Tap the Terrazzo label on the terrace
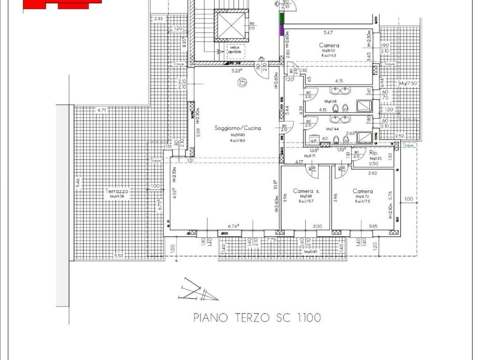pyautogui.click(x=117, y=191)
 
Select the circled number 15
pyautogui.click(x=242, y=83)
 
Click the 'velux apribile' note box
pyautogui.click(x=237, y=49)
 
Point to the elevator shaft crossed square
pyautogui.click(x=229, y=25)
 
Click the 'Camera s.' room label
pyautogui.click(x=306, y=191)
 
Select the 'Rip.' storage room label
pyautogui.click(x=374, y=153)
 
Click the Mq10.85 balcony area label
pyautogui.click(x=311, y=252)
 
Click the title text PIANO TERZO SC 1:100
pyautogui.click(x=257, y=318)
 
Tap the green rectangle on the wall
pyautogui.click(x=282, y=18)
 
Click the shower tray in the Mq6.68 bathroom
pyautogui.click(x=364, y=106)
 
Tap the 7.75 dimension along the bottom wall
pyautogui.click(x=271, y=240)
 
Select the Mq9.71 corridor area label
pyautogui.click(x=308, y=156)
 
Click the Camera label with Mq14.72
pyautogui.click(x=363, y=191)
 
